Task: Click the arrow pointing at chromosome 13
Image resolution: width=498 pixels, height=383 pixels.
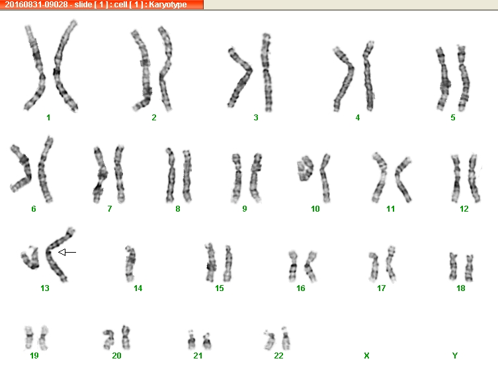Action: click(x=67, y=253)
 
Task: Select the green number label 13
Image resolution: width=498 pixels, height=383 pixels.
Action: click(x=45, y=288)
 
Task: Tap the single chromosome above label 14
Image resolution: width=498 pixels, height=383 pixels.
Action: click(x=130, y=264)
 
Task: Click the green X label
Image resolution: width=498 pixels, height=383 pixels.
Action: click(x=366, y=356)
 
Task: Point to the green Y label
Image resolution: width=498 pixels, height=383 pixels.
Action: click(x=455, y=356)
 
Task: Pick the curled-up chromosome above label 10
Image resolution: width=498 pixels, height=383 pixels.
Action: click(x=305, y=168)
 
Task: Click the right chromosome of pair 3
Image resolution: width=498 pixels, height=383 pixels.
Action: click(x=267, y=72)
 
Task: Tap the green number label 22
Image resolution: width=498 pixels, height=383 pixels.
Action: click(x=278, y=356)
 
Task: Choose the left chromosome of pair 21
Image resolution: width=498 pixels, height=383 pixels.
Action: click(x=191, y=340)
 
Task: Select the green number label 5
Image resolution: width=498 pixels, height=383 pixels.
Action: click(x=453, y=118)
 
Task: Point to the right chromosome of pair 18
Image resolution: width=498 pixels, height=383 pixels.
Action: click(x=469, y=268)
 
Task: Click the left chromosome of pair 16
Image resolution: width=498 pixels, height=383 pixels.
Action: click(x=293, y=266)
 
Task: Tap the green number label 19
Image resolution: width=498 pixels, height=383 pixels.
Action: click(x=34, y=356)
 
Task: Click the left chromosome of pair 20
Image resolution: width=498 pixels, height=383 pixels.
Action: click(x=109, y=339)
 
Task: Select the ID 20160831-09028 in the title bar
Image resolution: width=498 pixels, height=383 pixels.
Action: click(x=36, y=5)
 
